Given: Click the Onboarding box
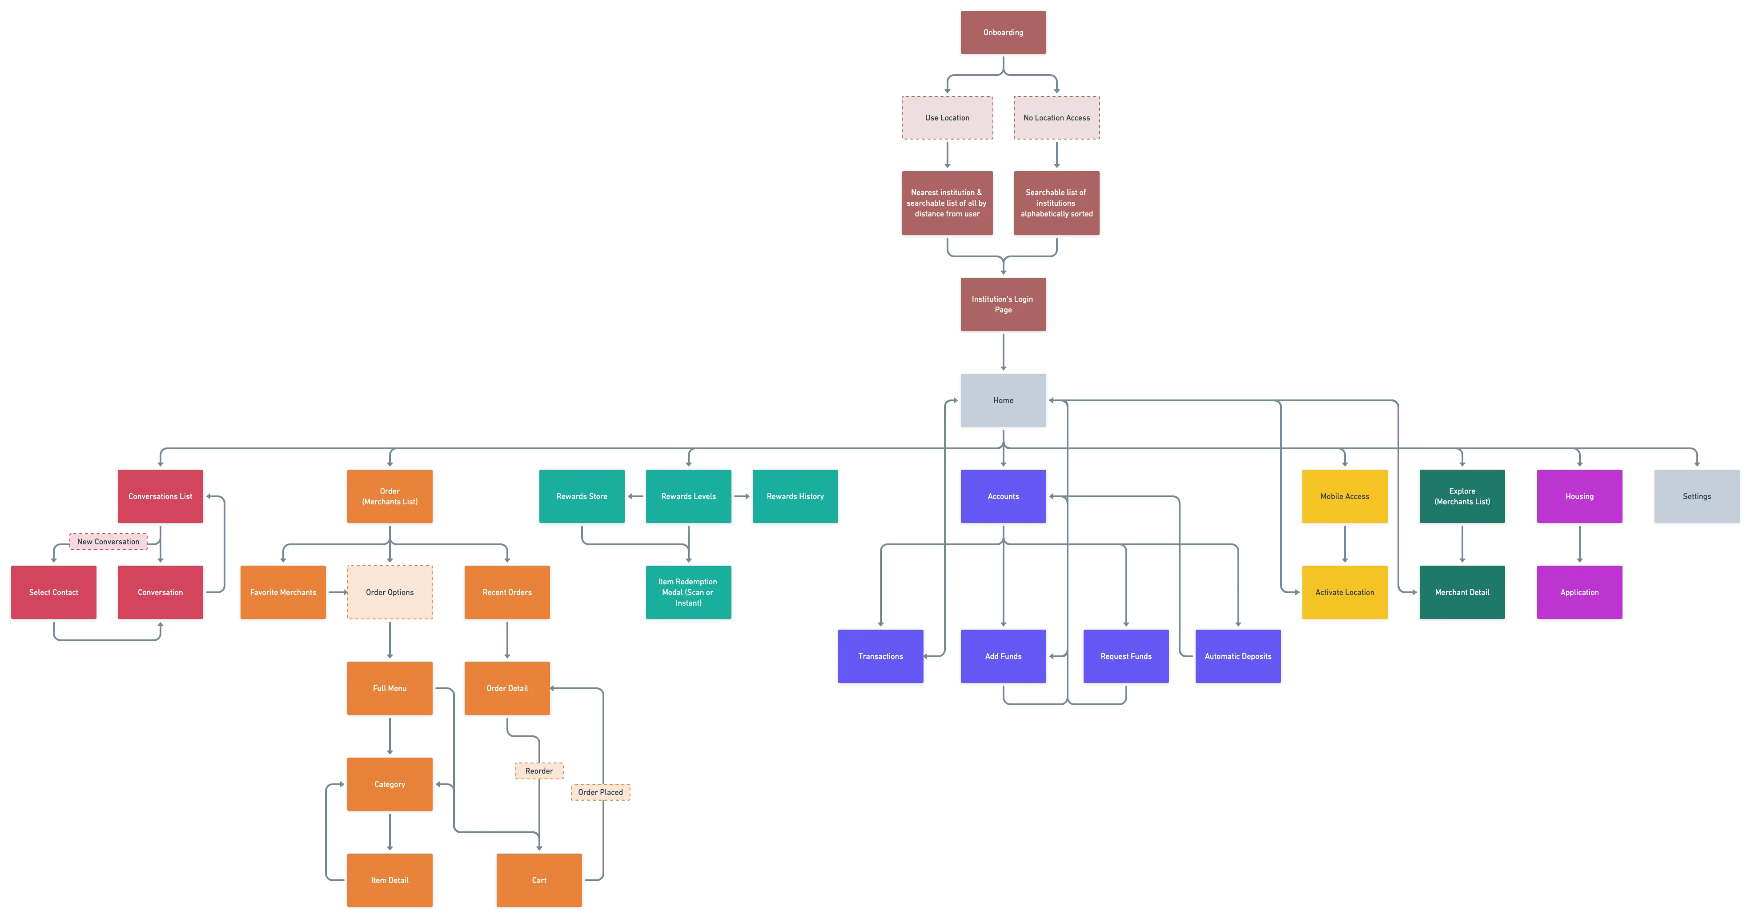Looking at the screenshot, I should coord(1003,32).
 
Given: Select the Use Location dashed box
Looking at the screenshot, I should coord(947,118).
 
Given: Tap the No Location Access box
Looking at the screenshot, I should coord(1056,118).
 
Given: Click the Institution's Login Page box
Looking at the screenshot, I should coord(1003,304).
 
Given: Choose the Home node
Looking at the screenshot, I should coord(1003,400).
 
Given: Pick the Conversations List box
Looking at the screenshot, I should coord(161,496).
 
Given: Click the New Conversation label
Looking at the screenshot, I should coord(108,542).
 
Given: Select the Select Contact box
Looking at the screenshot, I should coord(54,592).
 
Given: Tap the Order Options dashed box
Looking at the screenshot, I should coord(390,592).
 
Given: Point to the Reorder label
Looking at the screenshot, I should coord(538,770).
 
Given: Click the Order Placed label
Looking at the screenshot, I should coord(600,792).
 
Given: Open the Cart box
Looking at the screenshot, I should coord(538,880).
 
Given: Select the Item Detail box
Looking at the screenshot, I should coord(390,880).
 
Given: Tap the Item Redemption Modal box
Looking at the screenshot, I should coord(688,592).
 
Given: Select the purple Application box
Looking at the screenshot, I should coord(1579,592).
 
